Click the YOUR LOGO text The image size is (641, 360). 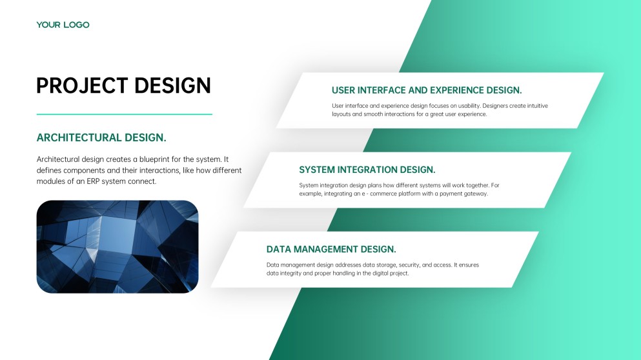(x=63, y=25)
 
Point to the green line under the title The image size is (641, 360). (x=124, y=114)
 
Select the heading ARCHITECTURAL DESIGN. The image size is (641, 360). (x=101, y=137)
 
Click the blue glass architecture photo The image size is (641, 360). (x=117, y=246)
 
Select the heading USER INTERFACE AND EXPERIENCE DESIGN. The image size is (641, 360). (x=427, y=90)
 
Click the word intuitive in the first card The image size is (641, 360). (x=534, y=105)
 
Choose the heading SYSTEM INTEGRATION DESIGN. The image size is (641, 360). (x=367, y=170)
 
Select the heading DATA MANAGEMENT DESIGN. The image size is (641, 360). (x=331, y=249)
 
